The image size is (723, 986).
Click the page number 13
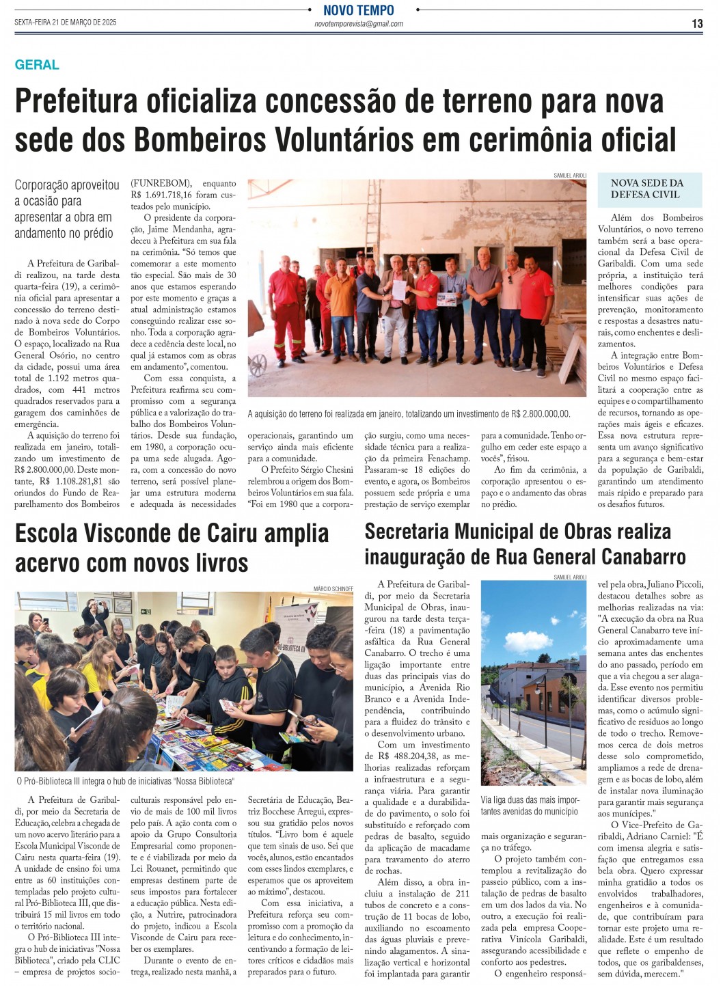pyautogui.click(x=696, y=23)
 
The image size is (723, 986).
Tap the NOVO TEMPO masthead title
pyautogui.click(x=358, y=10)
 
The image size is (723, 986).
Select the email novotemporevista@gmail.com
pyautogui.click(x=358, y=24)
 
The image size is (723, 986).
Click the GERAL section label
pyautogui.click(x=37, y=65)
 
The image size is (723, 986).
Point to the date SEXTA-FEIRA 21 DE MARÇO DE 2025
pyautogui.click(x=66, y=23)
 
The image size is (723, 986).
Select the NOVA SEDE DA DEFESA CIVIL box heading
pyautogui.click(x=646, y=189)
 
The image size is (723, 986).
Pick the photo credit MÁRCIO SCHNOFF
pyautogui.click(x=333, y=588)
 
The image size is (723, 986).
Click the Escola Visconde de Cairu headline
pyautogui.click(x=172, y=548)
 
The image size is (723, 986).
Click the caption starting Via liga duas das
pyautogui.click(x=530, y=806)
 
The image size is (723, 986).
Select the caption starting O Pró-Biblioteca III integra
pyautogui.click(x=124, y=781)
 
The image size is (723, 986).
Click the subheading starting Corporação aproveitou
pyautogui.click(x=67, y=208)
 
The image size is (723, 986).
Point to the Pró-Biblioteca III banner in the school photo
pyautogui.click(x=292, y=646)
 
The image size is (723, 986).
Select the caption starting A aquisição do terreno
pyautogui.click(x=409, y=414)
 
